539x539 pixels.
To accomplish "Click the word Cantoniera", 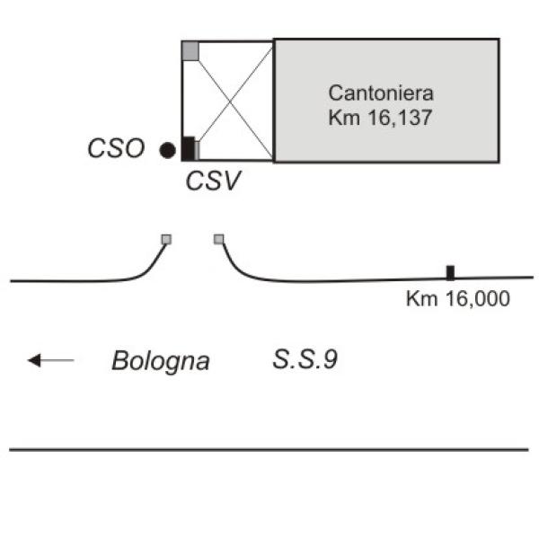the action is click(381, 93).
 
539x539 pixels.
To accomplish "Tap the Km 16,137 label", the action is click(380, 118).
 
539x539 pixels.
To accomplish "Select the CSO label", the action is click(116, 148).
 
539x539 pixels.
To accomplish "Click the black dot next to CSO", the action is click(168, 150).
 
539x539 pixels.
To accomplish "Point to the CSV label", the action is click(213, 181).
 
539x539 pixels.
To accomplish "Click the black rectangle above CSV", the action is click(188, 148).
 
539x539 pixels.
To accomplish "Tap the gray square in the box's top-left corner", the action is click(190, 51).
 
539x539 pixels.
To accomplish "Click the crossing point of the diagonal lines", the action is click(230, 102).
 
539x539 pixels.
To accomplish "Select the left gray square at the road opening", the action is click(166, 239).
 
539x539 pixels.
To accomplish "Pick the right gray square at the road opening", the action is click(218, 239).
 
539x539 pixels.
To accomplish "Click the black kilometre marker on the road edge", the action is click(450, 273).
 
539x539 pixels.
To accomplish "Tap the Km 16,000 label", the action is click(458, 299).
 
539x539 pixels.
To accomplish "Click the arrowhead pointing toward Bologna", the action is click(34, 360).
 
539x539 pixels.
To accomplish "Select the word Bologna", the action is click(161, 362).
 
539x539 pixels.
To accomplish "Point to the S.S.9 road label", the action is click(305, 359).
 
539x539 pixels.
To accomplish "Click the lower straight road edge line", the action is click(269, 449).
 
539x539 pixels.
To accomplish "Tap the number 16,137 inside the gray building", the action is click(400, 118).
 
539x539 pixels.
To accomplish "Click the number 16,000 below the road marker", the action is click(478, 299).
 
